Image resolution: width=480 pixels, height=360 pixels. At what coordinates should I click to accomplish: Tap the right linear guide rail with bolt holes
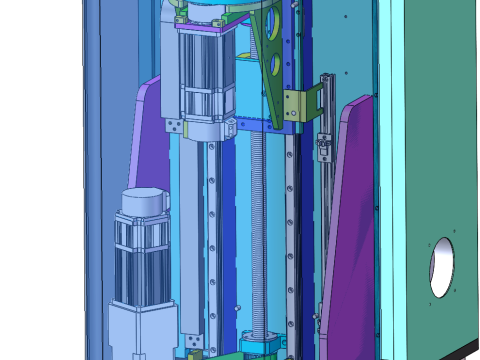point(291,230)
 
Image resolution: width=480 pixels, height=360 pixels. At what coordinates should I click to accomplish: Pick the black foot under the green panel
point(466,354)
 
